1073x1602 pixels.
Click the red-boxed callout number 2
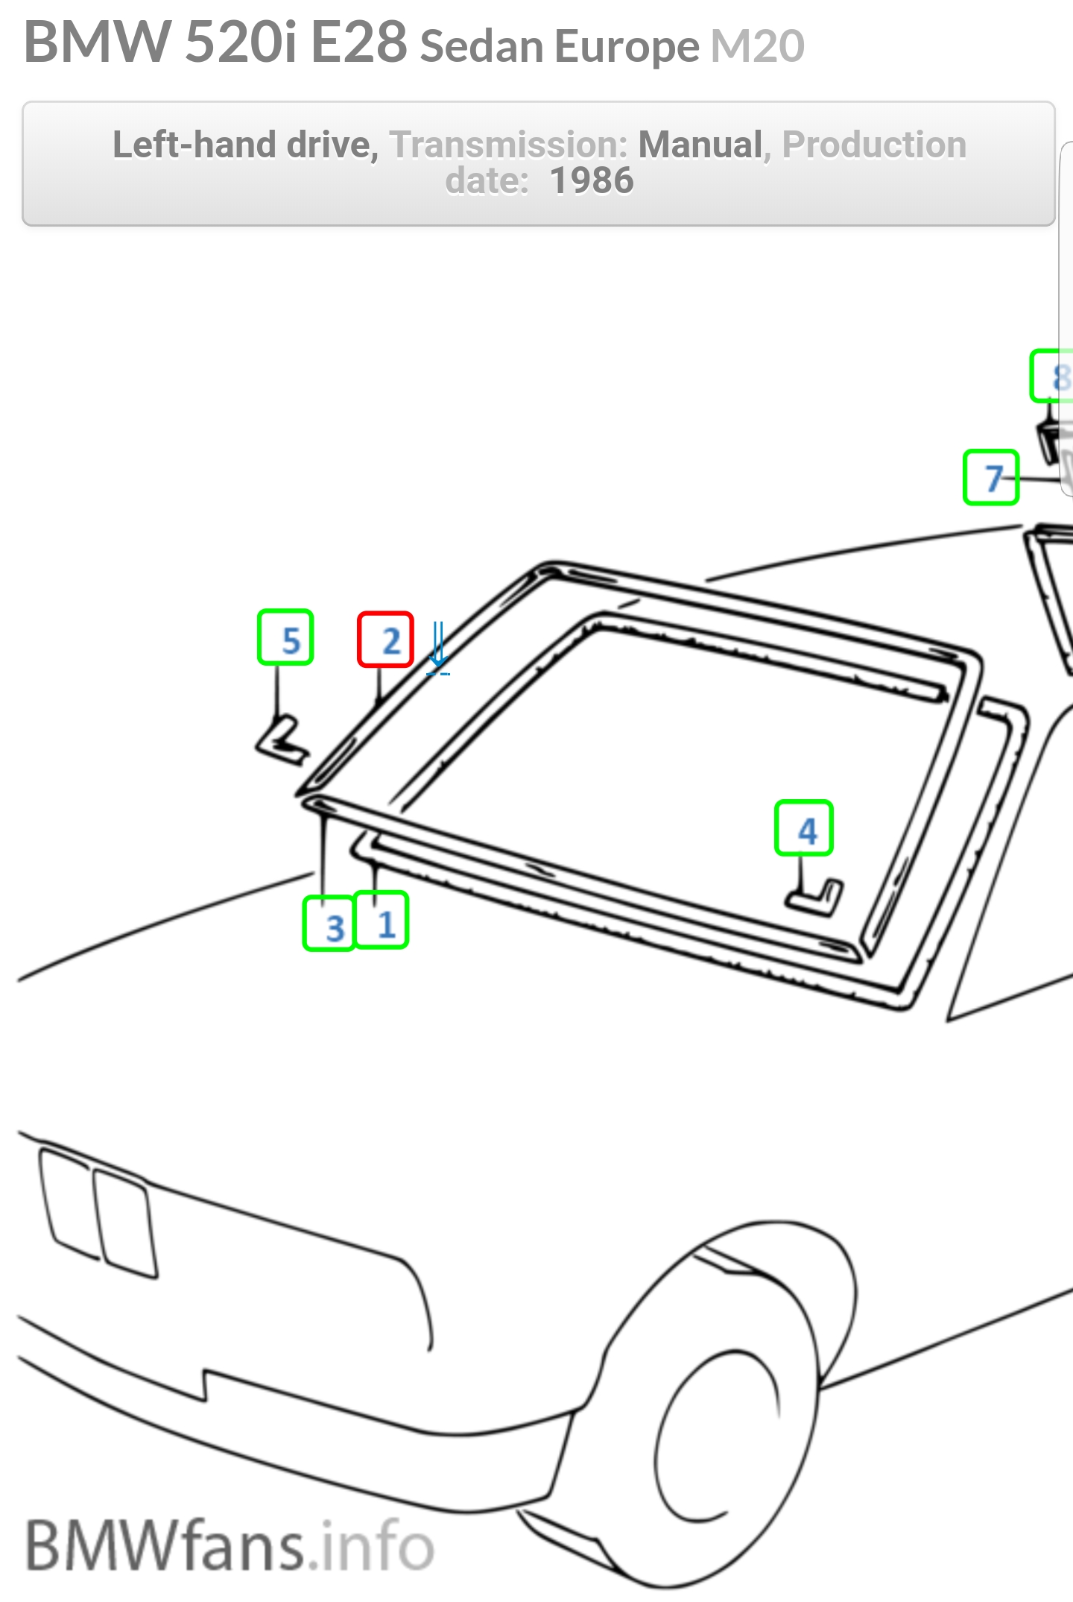(385, 640)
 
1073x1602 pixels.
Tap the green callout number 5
(285, 637)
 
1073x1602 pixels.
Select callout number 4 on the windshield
(804, 828)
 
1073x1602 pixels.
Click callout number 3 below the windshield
(329, 923)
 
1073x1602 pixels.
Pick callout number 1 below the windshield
(382, 920)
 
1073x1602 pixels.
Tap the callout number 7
(991, 477)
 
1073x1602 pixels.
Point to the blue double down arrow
(438, 647)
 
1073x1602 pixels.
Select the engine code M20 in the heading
(758, 45)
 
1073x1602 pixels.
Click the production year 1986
(592, 180)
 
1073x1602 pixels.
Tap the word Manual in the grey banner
(701, 145)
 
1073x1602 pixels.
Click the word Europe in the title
(627, 47)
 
